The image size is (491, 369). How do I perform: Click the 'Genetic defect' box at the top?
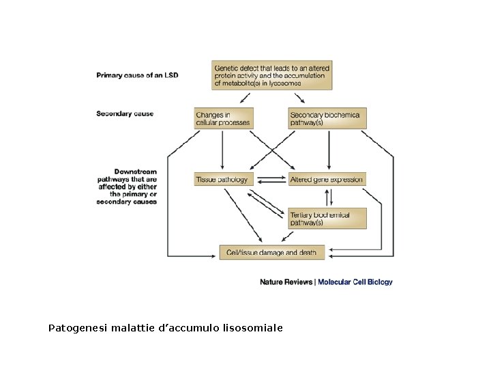click(x=272, y=75)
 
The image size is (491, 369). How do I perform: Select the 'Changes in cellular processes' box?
click(x=224, y=118)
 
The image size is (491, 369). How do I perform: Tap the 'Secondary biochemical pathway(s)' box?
click(x=327, y=118)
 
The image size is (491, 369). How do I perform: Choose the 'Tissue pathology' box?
click(x=224, y=179)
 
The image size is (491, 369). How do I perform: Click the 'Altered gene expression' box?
click(x=327, y=179)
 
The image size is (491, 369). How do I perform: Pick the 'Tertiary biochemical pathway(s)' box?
click(x=327, y=219)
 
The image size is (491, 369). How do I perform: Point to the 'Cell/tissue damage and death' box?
click(x=271, y=252)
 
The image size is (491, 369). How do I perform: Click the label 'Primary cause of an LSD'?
click(x=137, y=75)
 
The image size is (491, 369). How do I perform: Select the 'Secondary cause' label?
click(x=125, y=113)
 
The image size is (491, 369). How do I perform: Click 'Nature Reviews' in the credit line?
click(x=286, y=282)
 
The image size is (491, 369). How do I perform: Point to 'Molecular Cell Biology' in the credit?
click(x=355, y=282)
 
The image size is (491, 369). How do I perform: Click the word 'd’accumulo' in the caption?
click(x=189, y=328)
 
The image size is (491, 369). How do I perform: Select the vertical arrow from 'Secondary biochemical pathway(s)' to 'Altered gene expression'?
click(x=329, y=150)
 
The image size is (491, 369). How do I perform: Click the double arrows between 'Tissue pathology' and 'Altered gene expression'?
click(x=271, y=179)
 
